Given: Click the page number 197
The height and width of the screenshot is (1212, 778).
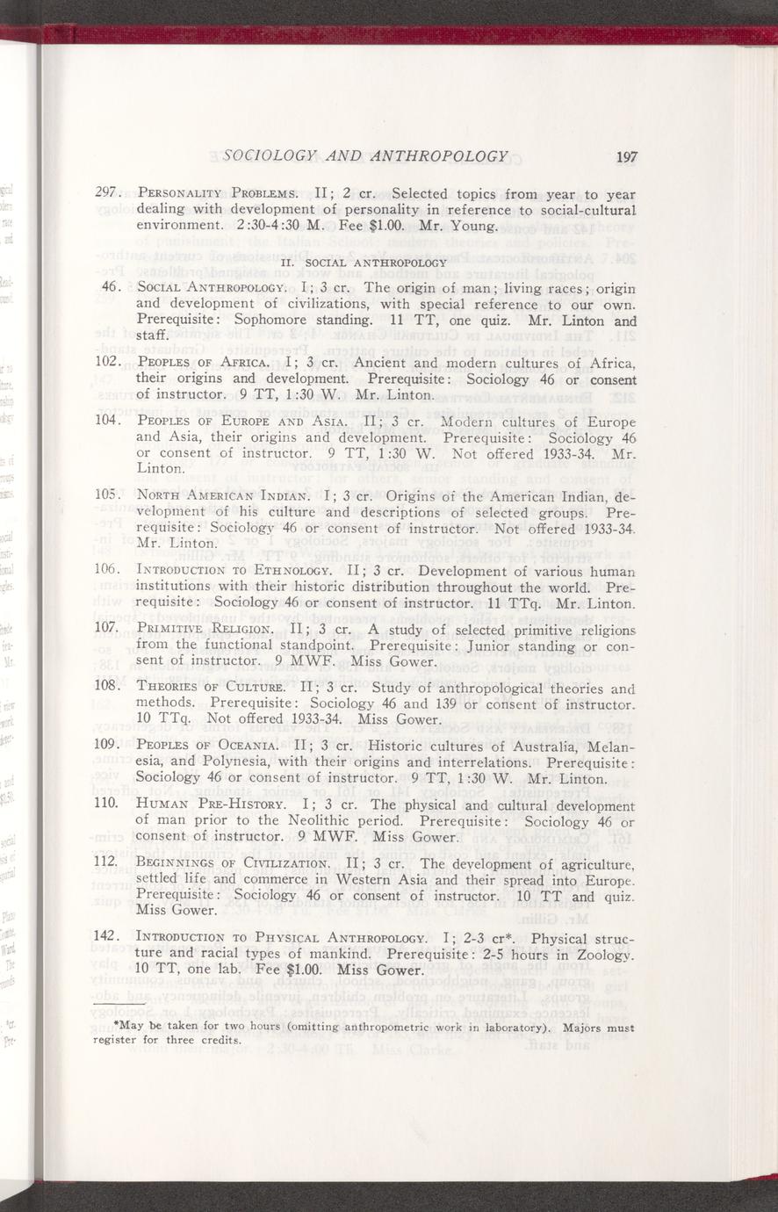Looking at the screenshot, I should (626, 157).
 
